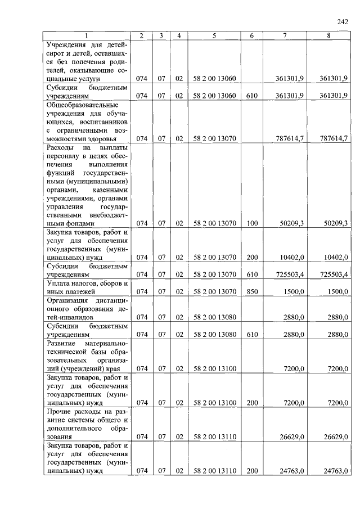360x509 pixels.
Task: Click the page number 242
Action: tap(342, 21)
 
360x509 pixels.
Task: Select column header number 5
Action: tap(214, 36)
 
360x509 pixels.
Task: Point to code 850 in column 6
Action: tap(251, 292)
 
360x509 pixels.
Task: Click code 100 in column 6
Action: tap(251, 223)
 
